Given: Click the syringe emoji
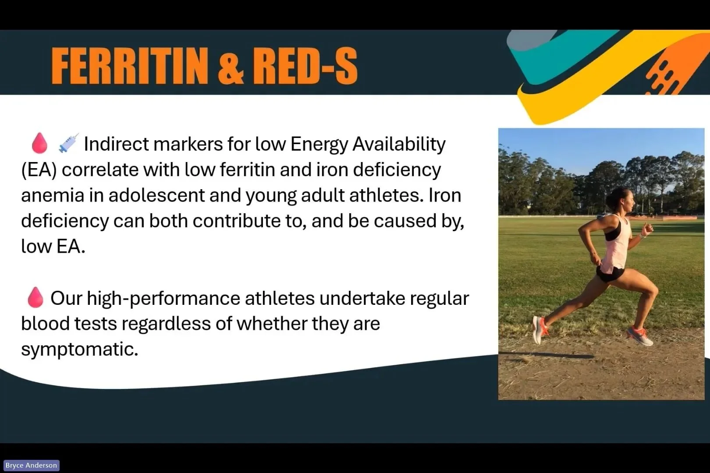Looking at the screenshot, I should pyautogui.click(x=68, y=143).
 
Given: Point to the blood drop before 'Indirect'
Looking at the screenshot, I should pyautogui.click(x=39, y=143).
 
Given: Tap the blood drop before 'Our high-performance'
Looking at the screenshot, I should pyautogui.click(x=35, y=297).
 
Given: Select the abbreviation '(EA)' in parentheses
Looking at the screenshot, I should pyautogui.click(x=39, y=170).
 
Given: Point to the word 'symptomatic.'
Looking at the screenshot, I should pyautogui.click(x=79, y=349).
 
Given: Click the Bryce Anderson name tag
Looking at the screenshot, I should pyautogui.click(x=31, y=466).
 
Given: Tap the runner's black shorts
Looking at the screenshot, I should pyautogui.click(x=610, y=274).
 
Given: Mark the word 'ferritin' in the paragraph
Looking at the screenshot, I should pyautogui.click(x=247, y=170).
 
